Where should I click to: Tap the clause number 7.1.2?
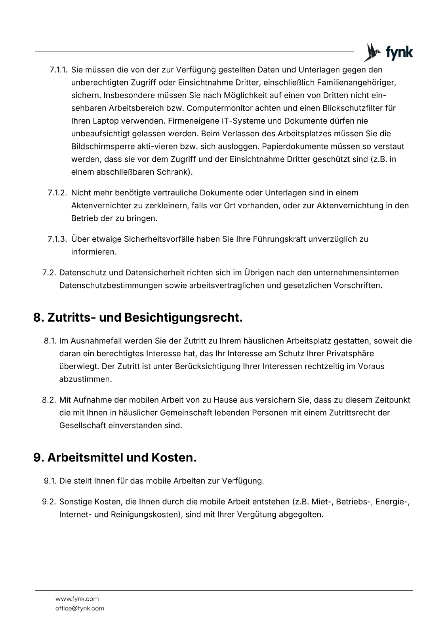coord(57,193)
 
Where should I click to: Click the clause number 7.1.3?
coord(57,239)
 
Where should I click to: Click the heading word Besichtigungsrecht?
coord(183,318)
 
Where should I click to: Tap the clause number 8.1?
coord(50,341)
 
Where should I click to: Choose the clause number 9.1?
coord(50,481)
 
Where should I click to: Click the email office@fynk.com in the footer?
coord(80,608)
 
